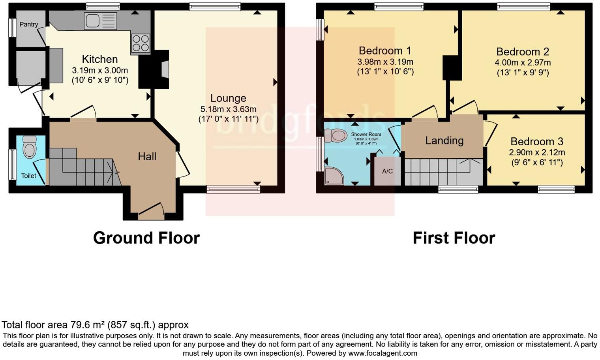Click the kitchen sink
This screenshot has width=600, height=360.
click(100, 21)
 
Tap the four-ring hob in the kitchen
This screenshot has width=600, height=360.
click(141, 43)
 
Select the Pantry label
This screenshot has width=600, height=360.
click(28, 24)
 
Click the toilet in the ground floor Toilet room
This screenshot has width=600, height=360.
click(30, 147)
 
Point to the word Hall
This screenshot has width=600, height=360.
click(147, 157)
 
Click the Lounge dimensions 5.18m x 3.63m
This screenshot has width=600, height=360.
click(228, 109)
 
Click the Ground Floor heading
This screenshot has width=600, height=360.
click(146, 238)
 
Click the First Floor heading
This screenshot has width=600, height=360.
click(454, 238)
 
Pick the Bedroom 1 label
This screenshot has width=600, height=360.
click(384, 51)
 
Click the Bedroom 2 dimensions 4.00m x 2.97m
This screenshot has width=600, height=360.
click(523, 63)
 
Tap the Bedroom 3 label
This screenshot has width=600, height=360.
click(536, 142)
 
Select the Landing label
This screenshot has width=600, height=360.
click(444, 141)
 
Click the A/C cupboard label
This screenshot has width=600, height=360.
click(387, 171)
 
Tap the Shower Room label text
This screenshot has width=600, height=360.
click(366, 135)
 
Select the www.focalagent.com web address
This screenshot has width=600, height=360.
click(382, 353)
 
